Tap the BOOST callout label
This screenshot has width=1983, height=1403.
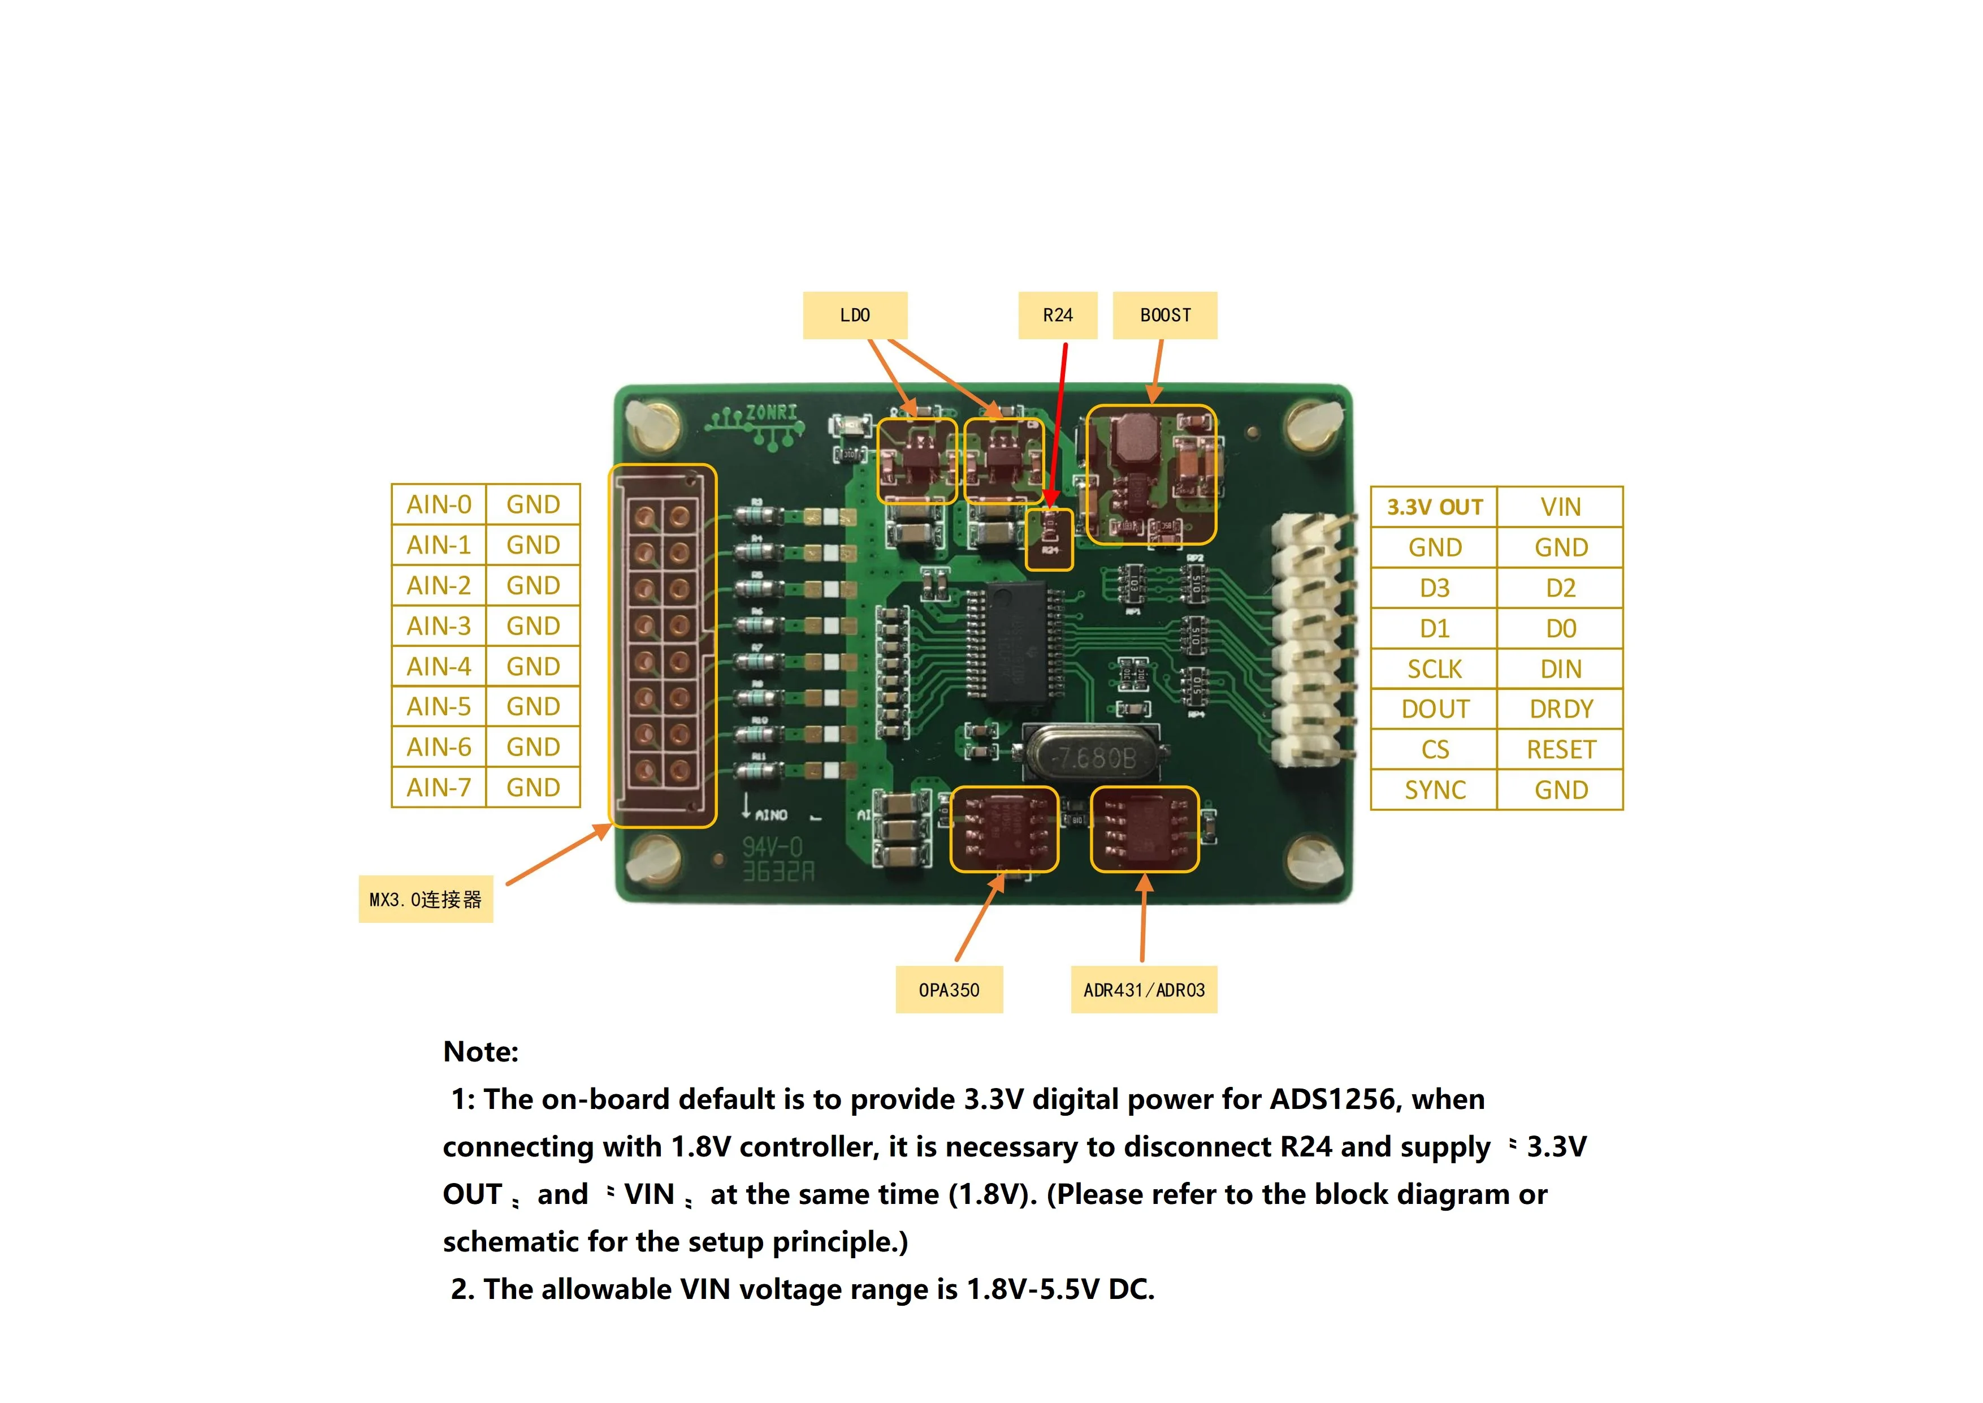point(1164,316)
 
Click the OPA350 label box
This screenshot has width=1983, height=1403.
point(949,990)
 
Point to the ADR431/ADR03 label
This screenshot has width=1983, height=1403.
point(1144,990)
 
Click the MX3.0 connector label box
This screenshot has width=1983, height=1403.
point(426,899)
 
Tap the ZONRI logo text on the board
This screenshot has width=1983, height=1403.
point(770,413)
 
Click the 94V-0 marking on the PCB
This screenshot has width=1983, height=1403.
point(772,847)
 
